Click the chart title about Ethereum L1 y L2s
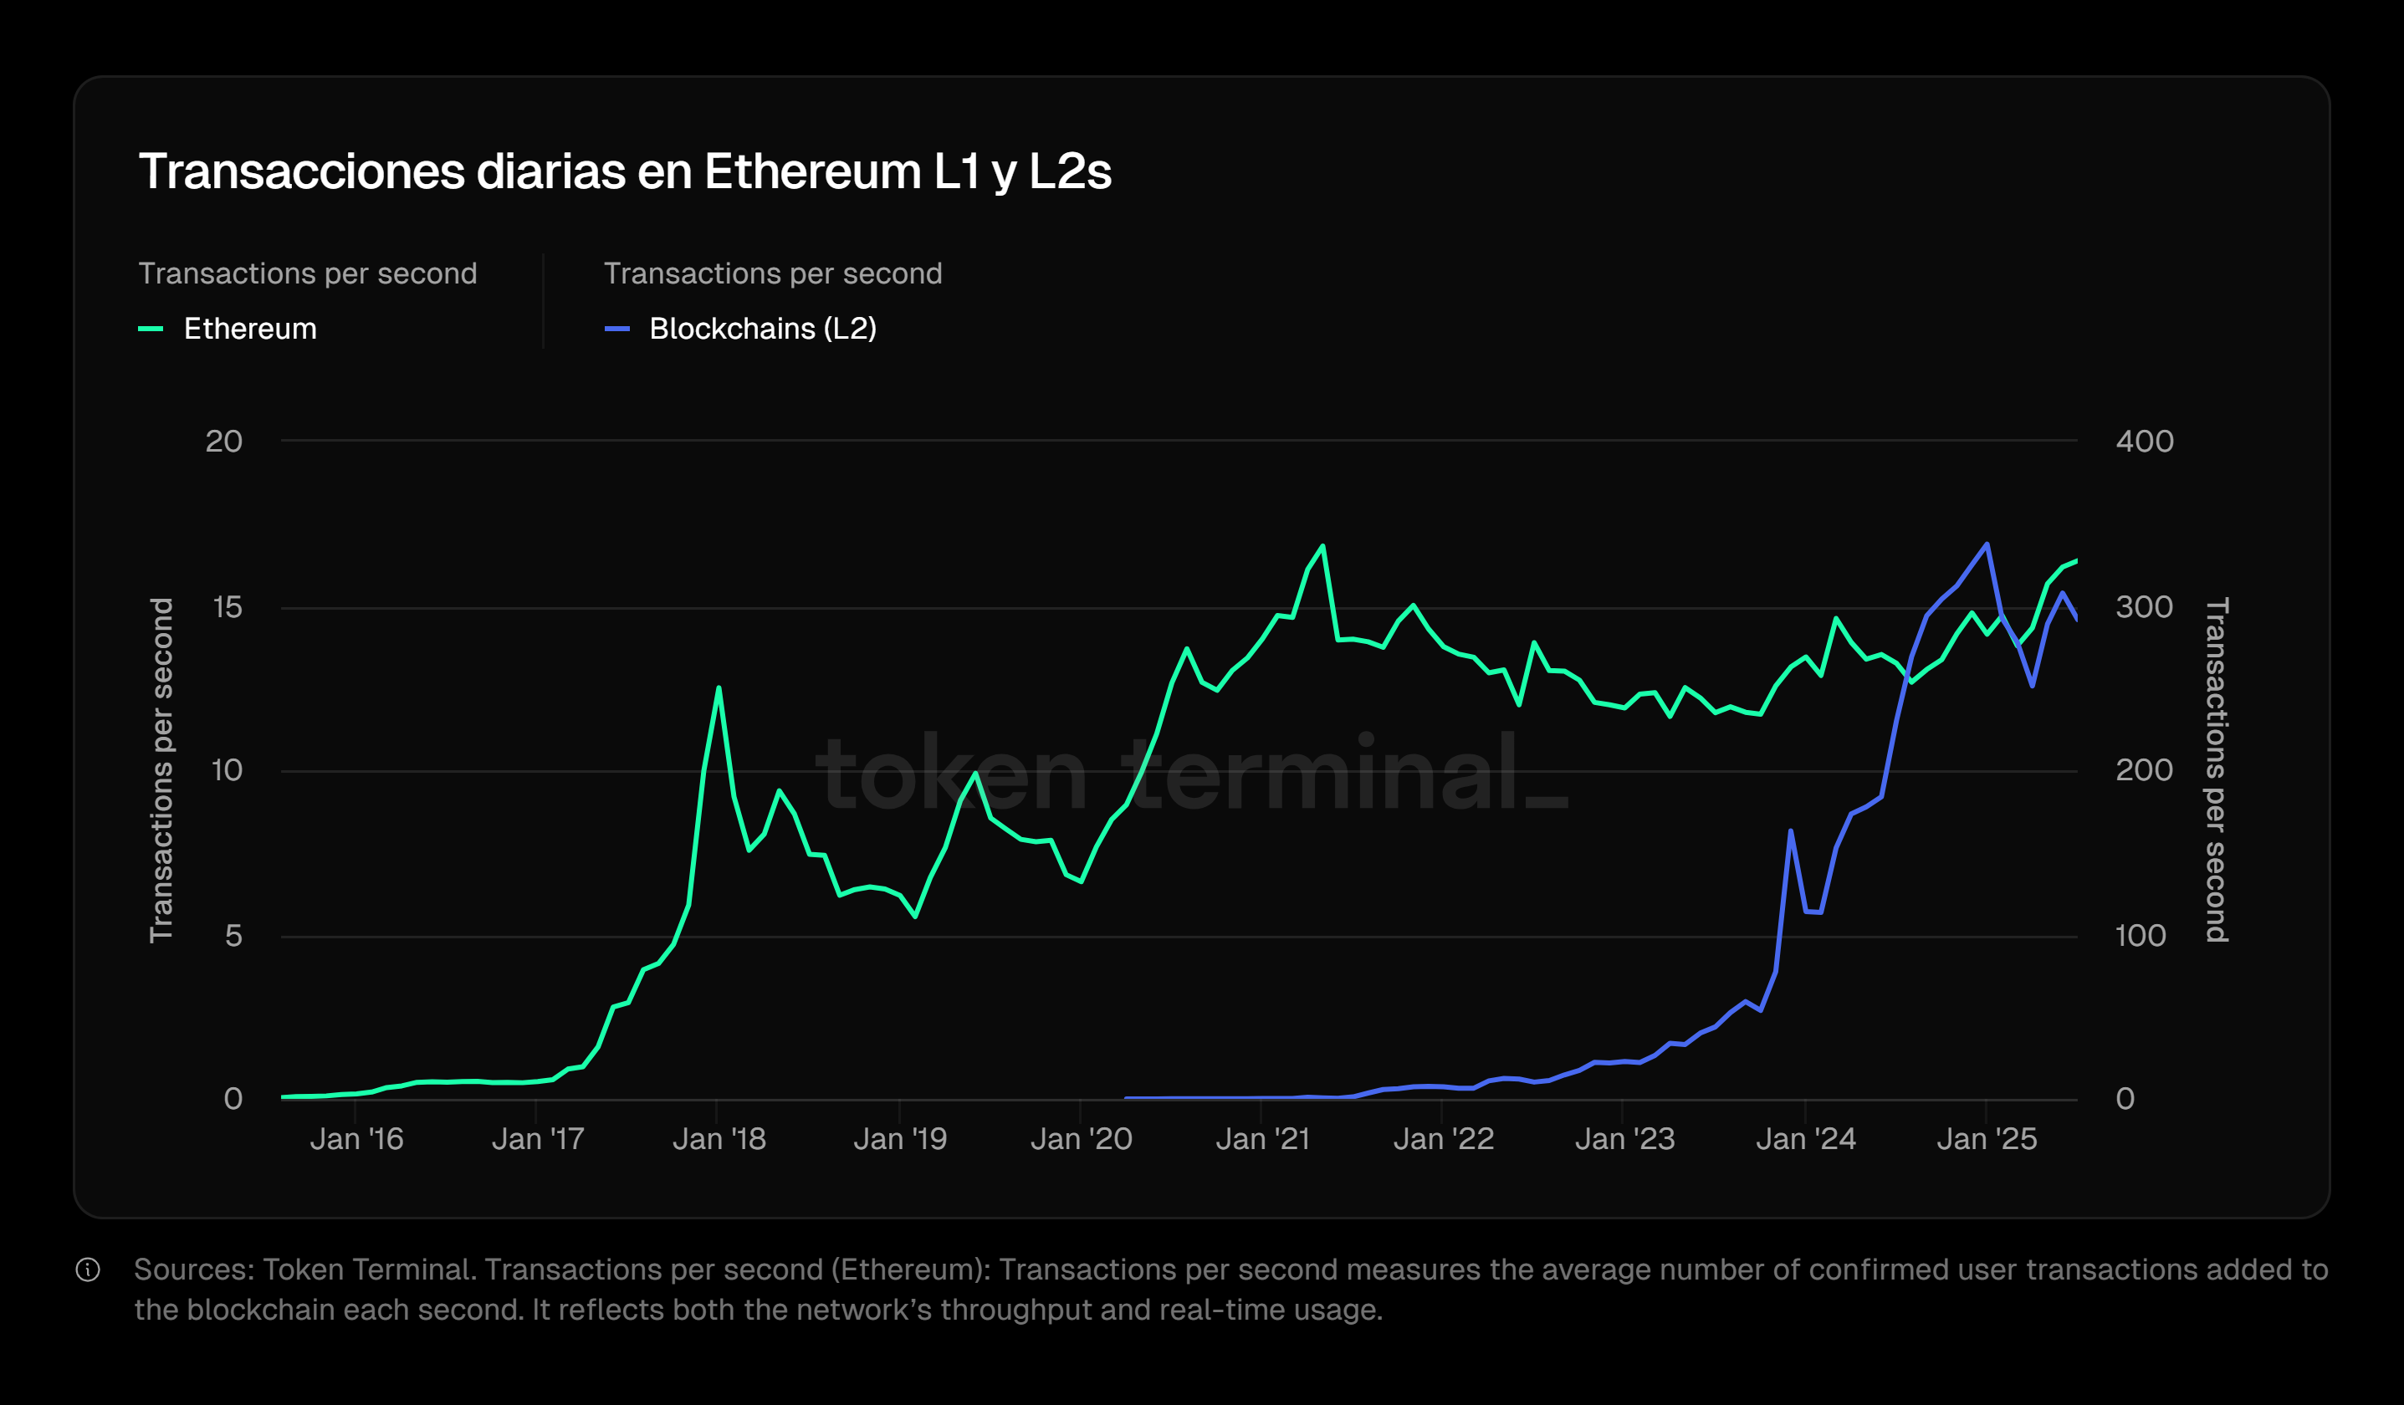point(625,172)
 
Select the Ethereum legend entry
point(249,329)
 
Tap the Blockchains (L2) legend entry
point(761,329)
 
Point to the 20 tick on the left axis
point(224,442)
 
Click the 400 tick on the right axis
point(2145,442)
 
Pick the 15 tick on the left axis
point(227,608)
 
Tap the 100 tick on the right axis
point(2141,936)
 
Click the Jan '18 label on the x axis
point(719,1139)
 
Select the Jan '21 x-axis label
point(1263,1139)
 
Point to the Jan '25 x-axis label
point(1987,1139)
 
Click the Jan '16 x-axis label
point(357,1139)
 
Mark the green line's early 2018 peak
point(719,687)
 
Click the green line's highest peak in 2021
point(1322,547)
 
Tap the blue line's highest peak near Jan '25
point(1986,544)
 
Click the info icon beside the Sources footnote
point(88,1270)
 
